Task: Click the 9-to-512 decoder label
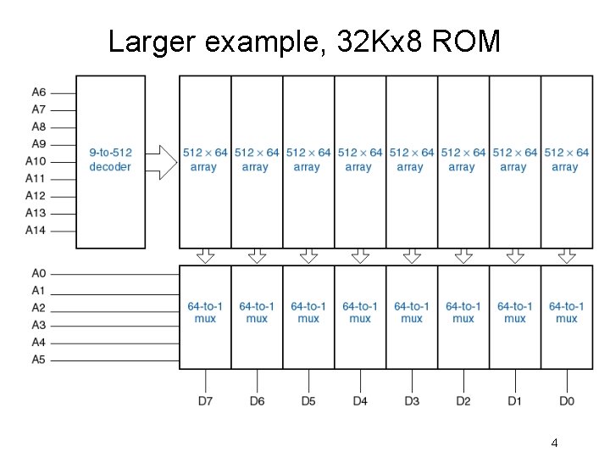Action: point(110,160)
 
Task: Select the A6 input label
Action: point(39,92)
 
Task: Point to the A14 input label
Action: point(36,231)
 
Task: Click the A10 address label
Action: point(36,161)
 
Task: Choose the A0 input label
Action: point(39,274)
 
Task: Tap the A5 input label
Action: point(39,360)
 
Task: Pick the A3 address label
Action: point(39,326)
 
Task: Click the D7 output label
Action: point(205,400)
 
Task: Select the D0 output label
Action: point(567,400)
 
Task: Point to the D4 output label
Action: point(360,400)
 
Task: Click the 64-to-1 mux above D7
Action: point(205,313)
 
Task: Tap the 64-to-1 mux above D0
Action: point(567,313)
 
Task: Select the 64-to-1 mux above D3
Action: point(412,313)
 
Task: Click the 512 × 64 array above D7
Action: point(204,160)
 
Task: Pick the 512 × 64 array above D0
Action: point(566,160)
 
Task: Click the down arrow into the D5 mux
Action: point(308,256)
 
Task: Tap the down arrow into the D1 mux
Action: point(515,256)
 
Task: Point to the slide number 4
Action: point(554,443)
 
